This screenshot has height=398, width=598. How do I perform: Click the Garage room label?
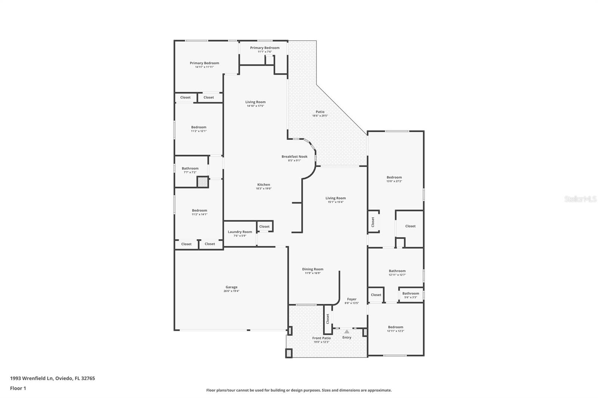pos(231,287)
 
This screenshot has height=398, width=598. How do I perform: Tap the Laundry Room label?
pos(240,232)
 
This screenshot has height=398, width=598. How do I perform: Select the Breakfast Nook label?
pos(295,157)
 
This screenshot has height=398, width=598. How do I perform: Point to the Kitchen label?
pos(263,185)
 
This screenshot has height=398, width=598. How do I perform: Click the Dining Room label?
pos(313,269)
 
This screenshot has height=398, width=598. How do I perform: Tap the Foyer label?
pos(352,299)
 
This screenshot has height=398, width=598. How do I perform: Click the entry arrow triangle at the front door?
pos(347,332)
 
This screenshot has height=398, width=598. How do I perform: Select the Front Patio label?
pos(321,338)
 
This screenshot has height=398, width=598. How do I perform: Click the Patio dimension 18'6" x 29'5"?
pos(320,116)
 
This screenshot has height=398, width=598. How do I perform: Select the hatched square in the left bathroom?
pos(202,182)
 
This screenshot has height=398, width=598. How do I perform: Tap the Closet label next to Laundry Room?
pos(264,227)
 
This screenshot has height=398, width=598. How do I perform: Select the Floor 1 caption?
pos(18,388)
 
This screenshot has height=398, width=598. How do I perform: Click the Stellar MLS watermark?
pos(580,199)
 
